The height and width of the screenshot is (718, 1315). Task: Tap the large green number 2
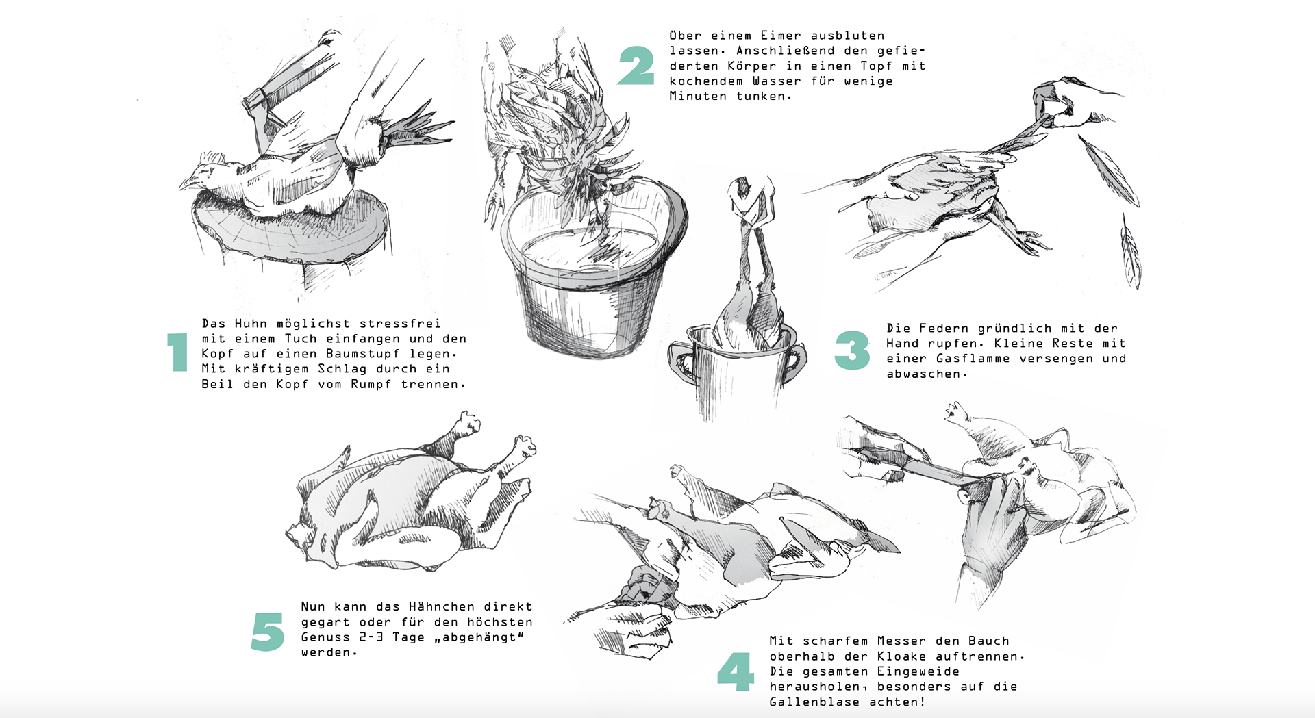click(636, 66)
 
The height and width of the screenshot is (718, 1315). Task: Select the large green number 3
click(852, 350)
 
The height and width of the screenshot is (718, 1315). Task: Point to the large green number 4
click(736, 671)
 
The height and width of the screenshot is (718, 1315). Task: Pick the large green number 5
click(268, 631)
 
